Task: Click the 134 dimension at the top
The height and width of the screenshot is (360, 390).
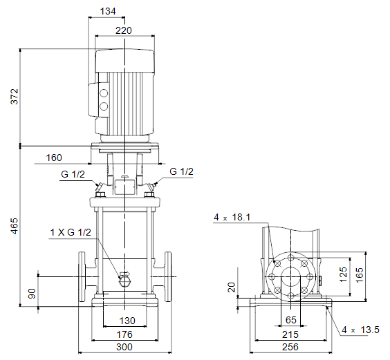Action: (108, 11)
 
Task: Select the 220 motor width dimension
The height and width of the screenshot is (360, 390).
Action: (124, 30)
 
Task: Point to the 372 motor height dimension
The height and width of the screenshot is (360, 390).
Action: (15, 97)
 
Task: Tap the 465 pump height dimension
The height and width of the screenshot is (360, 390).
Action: (15, 226)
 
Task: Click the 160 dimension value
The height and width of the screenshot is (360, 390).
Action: (54, 158)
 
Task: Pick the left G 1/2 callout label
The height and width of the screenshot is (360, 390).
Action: (73, 174)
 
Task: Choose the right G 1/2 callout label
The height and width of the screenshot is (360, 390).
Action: (181, 171)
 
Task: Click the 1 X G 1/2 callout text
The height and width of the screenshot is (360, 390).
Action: (71, 232)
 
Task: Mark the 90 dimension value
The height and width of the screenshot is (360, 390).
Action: (32, 294)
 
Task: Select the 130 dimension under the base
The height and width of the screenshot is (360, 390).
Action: (127, 321)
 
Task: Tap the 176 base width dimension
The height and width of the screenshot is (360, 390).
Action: (124, 334)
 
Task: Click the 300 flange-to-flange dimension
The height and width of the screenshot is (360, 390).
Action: (124, 347)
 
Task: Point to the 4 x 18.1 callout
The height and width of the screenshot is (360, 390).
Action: (232, 217)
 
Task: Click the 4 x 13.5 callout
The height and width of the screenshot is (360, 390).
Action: (360, 330)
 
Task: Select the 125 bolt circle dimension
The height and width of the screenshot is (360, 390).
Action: (343, 274)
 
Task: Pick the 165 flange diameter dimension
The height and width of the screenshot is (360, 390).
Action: (360, 275)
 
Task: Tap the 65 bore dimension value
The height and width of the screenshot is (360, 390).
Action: (291, 320)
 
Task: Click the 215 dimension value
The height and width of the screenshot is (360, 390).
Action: (290, 334)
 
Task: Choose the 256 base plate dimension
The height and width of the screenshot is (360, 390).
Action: (290, 347)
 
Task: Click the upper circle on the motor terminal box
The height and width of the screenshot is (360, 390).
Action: (104, 93)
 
